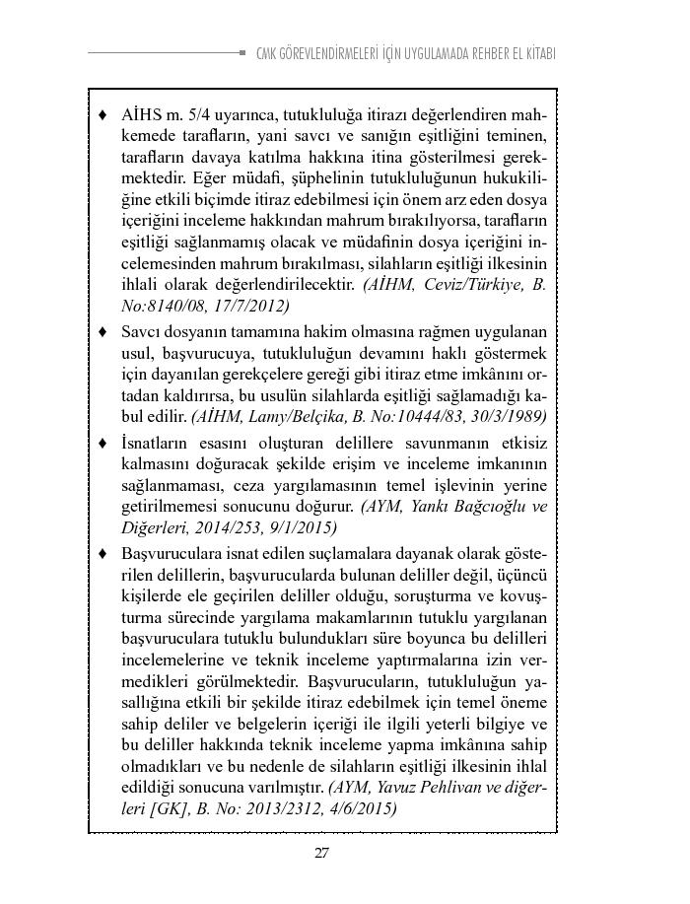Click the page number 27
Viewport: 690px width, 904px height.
[x=321, y=854]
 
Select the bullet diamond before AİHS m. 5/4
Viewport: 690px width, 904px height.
[x=103, y=114]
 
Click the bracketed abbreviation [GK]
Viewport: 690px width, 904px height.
[x=146, y=809]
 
